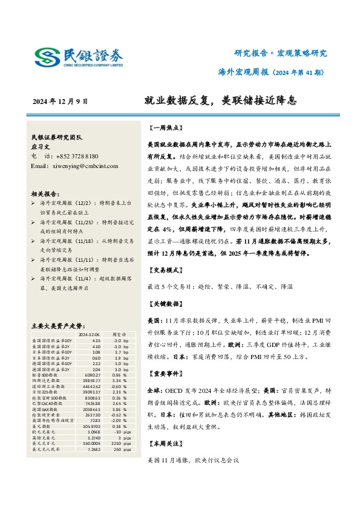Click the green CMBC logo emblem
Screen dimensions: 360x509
pyautogui.click(x=46, y=57)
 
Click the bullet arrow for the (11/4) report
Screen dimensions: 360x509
pyautogui.click(x=33, y=280)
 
